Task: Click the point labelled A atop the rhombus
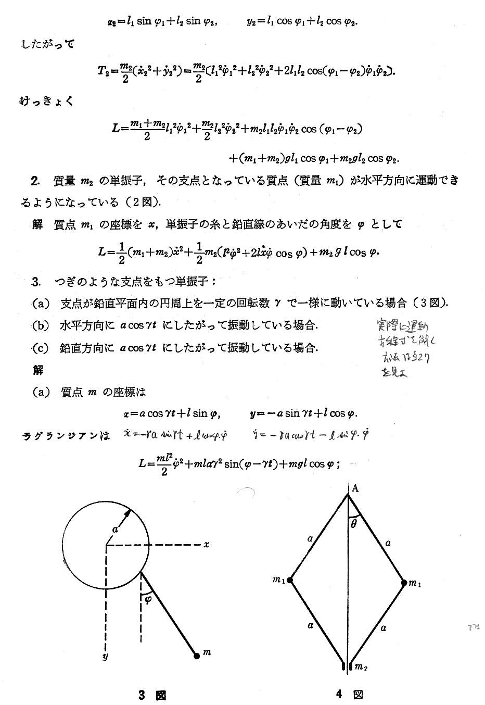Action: pyautogui.click(x=355, y=488)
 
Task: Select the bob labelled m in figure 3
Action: pyautogui.click(x=197, y=656)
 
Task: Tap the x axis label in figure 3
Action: pyautogui.click(x=206, y=545)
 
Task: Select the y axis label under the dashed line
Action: pyautogui.click(x=105, y=657)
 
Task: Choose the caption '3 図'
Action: pyautogui.click(x=151, y=695)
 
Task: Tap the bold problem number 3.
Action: pyautogui.click(x=35, y=282)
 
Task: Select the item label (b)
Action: pyautogui.click(x=40, y=326)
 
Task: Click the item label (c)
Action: pyautogui.click(x=40, y=348)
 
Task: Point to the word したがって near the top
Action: pyautogui.click(x=48, y=44)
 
